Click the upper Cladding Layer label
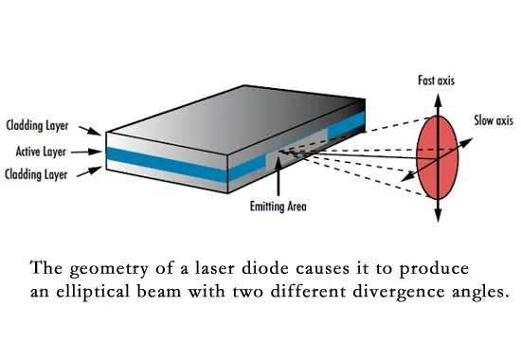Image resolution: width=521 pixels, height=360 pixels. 36,125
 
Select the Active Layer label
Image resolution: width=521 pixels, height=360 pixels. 41,150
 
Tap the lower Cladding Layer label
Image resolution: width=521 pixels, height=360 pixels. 36,173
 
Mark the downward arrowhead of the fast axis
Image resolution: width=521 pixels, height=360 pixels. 439,219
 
